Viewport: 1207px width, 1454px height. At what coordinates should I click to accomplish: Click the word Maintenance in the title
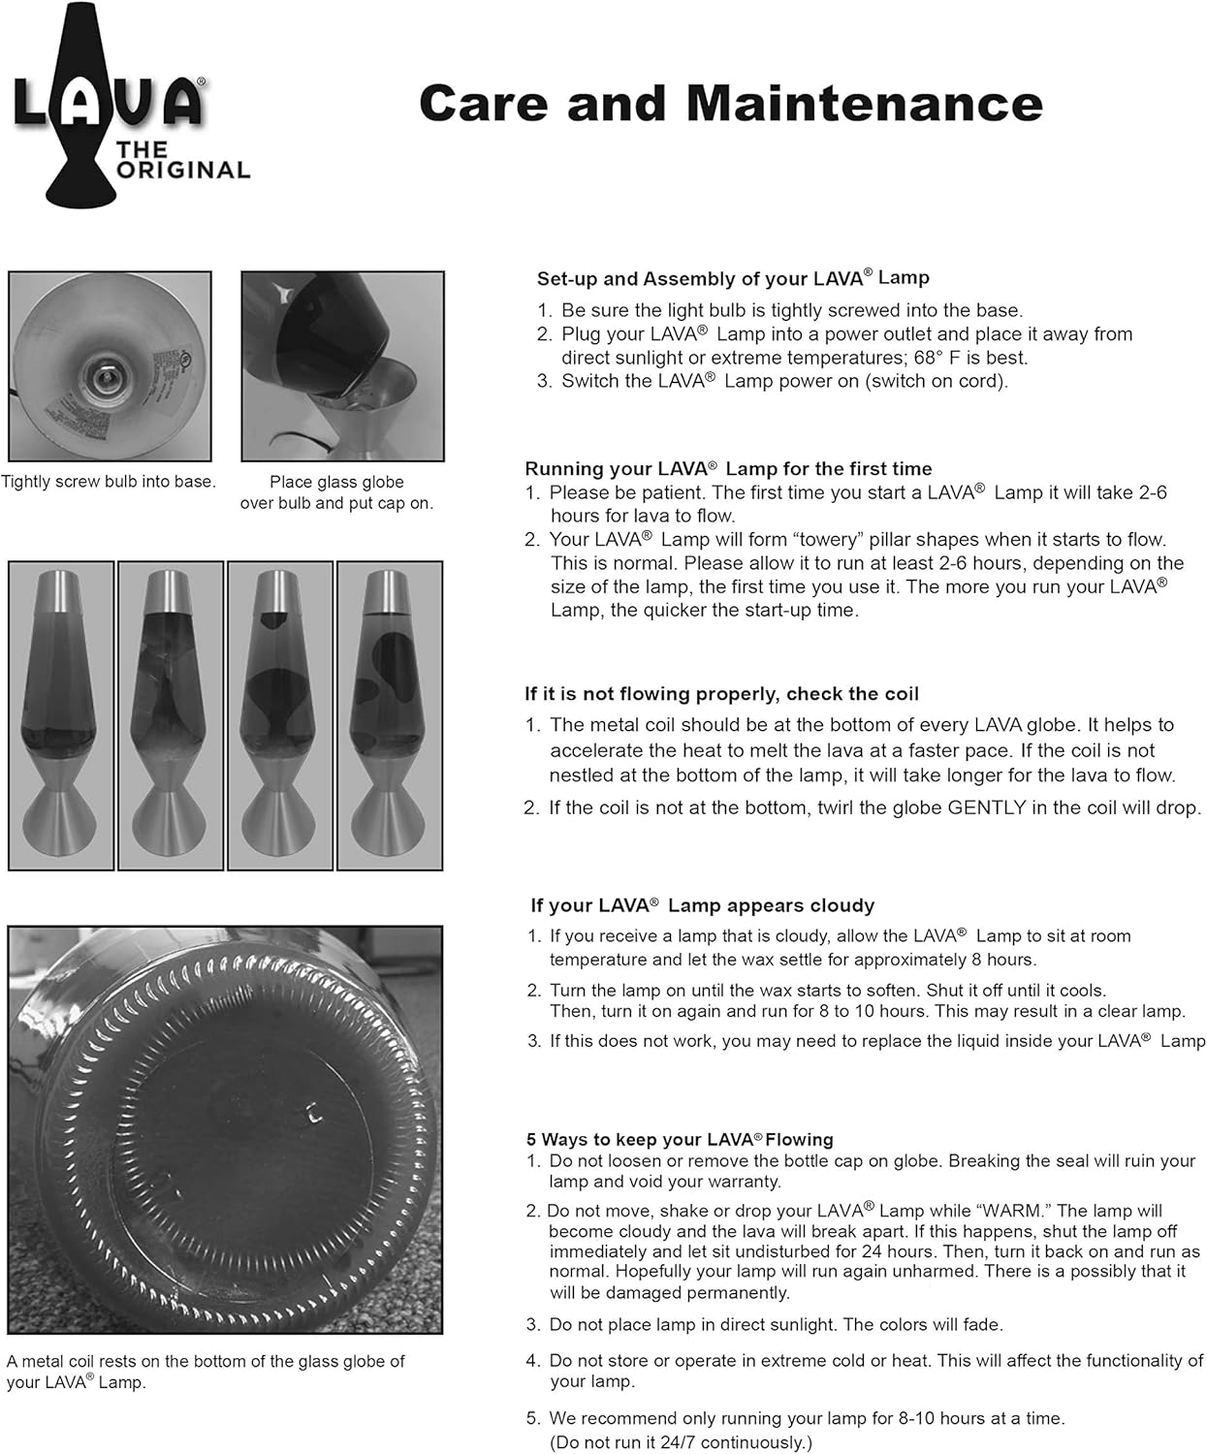tap(865, 104)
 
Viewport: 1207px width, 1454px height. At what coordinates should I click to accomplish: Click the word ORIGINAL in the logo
tap(183, 171)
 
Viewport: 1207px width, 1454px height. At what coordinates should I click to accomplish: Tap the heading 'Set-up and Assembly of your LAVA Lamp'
tap(733, 278)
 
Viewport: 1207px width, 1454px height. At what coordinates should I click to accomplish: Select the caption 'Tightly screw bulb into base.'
tap(109, 481)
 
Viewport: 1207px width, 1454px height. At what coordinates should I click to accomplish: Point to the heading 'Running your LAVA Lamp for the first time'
tap(728, 468)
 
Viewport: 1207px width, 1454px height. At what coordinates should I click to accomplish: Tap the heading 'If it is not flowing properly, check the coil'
tap(721, 694)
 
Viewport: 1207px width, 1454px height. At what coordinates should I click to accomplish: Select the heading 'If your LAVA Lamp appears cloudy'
tap(702, 905)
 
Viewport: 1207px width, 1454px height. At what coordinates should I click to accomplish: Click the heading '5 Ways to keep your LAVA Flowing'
tap(680, 1139)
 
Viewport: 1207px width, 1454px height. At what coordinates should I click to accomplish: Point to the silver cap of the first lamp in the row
tap(61, 592)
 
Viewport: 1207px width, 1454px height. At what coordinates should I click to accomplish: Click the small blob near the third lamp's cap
tap(274, 619)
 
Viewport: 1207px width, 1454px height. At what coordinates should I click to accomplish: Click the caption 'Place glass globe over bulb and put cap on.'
tap(337, 492)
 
